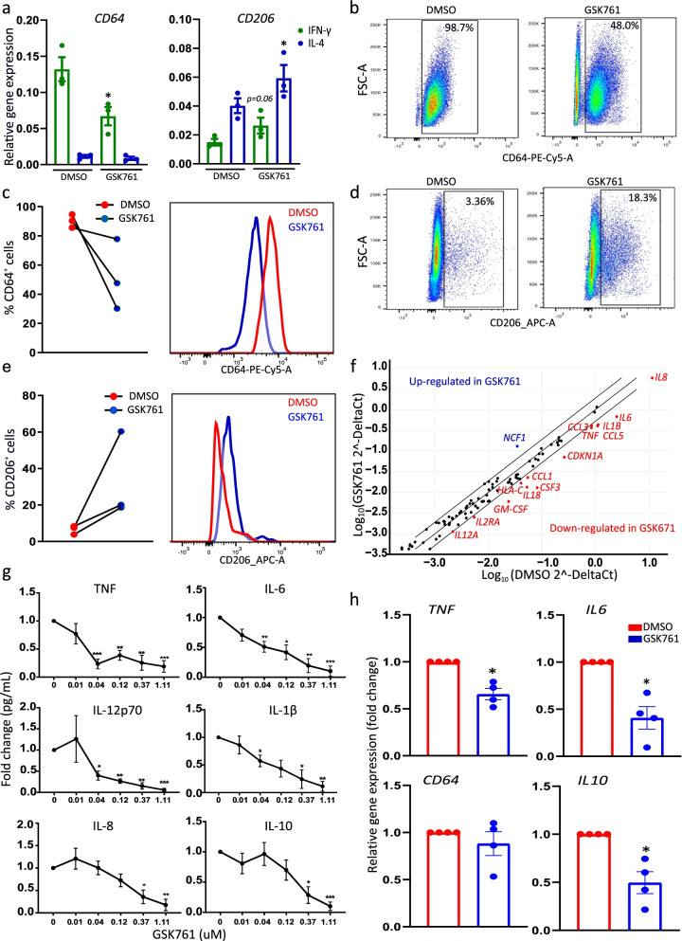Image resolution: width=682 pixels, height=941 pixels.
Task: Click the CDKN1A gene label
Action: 586,456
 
